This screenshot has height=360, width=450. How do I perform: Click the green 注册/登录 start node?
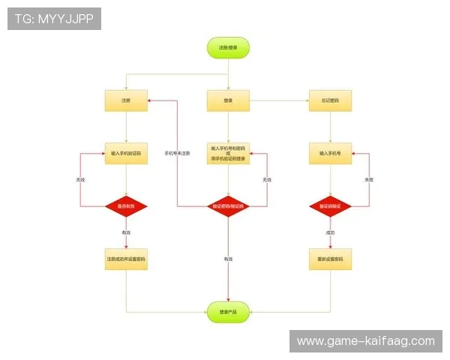[x=228, y=47]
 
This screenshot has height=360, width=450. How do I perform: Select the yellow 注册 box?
[x=126, y=100]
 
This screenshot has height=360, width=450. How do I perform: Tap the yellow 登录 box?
[x=228, y=100]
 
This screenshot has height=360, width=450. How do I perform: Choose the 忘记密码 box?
[x=330, y=100]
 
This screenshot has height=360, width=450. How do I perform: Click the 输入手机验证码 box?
[x=126, y=153]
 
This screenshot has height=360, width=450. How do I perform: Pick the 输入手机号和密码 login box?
[x=228, y=153]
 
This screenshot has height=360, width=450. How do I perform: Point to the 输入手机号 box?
[x=330, y=153]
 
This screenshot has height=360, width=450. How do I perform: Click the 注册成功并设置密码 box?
[x=126, y=259]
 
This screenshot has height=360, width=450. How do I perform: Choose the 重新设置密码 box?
[x=330, y=259]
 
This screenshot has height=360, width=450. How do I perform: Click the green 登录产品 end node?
[x=228, y=311]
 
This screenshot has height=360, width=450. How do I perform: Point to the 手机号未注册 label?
[x=177, y=153]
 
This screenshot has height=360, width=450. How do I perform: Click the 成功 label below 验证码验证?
[x=330, y=232]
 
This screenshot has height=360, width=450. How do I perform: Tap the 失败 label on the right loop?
[x=369, y=180]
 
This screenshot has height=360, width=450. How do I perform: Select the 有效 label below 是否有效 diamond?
[x=126, y=232]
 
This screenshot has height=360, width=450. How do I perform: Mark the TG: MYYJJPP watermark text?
[x=54, y=19]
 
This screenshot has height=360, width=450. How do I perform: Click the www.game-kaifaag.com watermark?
[x=365, y=341]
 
